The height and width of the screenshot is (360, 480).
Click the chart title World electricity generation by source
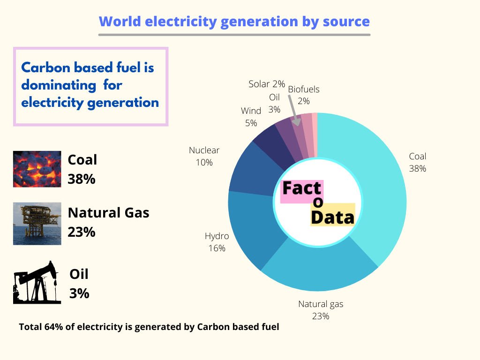[x=234, y=22]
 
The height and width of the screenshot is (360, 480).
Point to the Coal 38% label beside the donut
[x=417, y=162]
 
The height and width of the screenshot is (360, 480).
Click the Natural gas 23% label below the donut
[x=321, y=310]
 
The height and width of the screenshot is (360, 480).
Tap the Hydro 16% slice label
[x=217, y=242]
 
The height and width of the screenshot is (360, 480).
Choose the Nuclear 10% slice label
[x=204, y=156]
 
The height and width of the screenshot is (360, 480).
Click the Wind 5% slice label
[x=251, y=117]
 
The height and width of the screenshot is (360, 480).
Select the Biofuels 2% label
[x=303, y=95]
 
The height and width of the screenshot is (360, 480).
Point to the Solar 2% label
[x=267, y=84]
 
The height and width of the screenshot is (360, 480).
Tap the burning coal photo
[x=37, y=169]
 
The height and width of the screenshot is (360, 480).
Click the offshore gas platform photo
[x=37, y=224]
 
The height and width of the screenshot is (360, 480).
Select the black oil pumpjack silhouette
[x=37, y=282]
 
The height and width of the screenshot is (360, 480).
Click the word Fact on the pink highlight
[x=301, y=188]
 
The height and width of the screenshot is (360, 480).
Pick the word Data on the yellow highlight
[x=332, y=217]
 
